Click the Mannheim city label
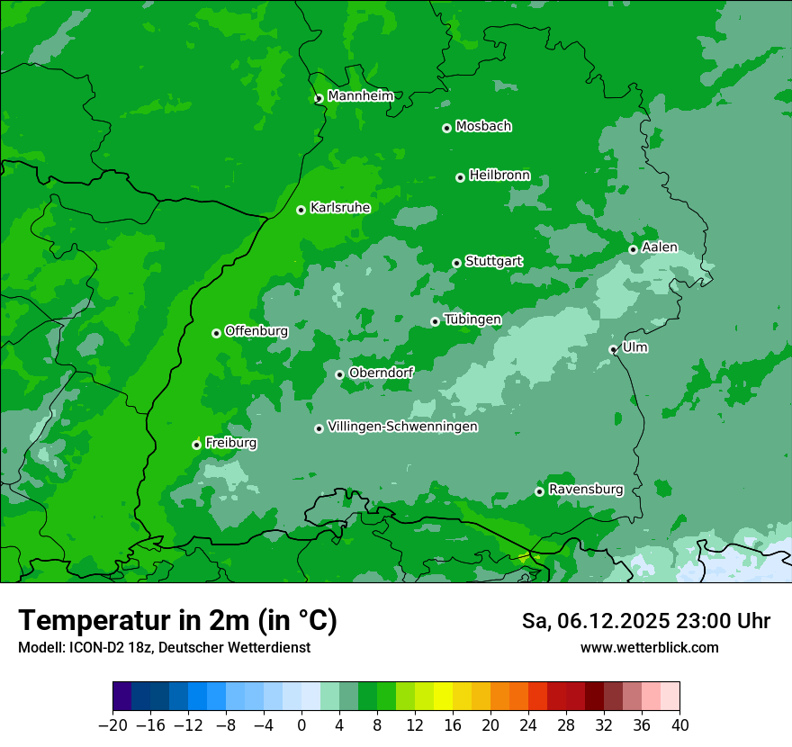pos(360,96)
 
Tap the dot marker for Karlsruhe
pos(301,210)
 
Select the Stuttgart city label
pos(493,261)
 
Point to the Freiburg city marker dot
pos(196,445)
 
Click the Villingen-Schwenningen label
pos(402,427)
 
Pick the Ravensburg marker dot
pos(539,491)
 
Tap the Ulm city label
pos(634,347)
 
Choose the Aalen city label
pos(660,247)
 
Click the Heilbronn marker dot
pos(460,177)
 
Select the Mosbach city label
pos(483,126)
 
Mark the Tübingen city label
pos(472,319)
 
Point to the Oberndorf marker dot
pos(339,374)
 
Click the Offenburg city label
pos(256,331)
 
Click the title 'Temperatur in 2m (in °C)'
pos(177,620)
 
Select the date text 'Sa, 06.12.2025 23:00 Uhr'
pos(645,621)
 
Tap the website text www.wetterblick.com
pos(649,647)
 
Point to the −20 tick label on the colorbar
pos(112,725)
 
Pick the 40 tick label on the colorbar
pos(679,725)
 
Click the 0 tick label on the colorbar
pos(301,725)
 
